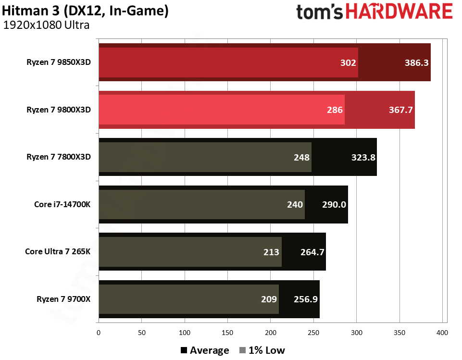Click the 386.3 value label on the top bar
(x=416, y=62)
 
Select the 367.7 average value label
(x=400, y=110)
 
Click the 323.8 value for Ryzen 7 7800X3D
(x=362, y=157)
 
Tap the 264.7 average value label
(x=312, y=251)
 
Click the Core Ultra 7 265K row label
(x=58, y=251)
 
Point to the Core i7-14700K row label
(x=62, y=204)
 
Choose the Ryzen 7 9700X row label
(x=63, y=299)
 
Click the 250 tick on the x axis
(x=313, y=332)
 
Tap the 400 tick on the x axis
(x=442, y=332)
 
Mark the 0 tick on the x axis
(x=99, y=332)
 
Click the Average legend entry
(x=205, y=350)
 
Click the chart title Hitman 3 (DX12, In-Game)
(x=85, y=11)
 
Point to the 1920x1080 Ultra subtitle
(x=46, y=25)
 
